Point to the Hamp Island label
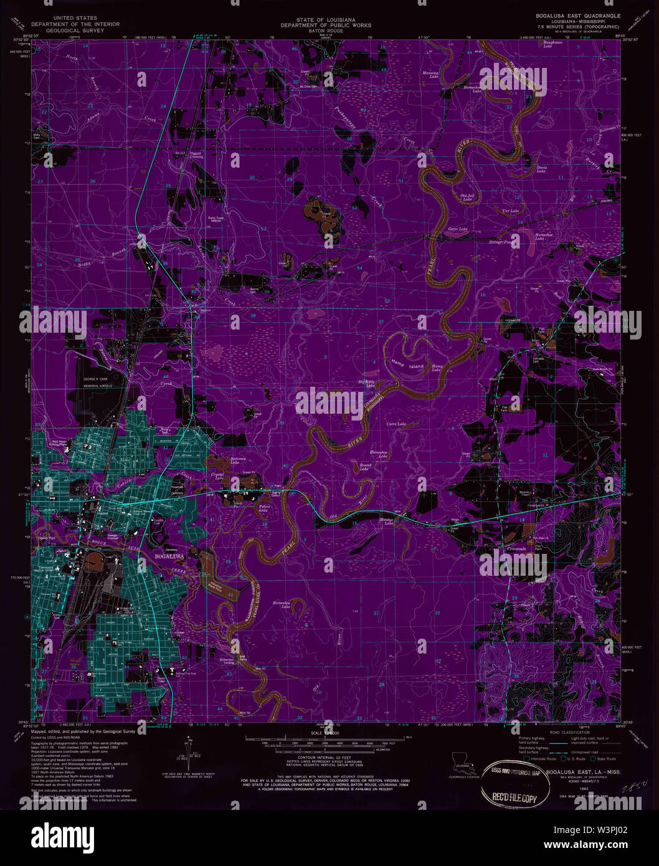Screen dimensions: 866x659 [x=407, y=364]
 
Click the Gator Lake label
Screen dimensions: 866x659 [x=458, y=229]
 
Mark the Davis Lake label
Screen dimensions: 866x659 [x=542, y=168]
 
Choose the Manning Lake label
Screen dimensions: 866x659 [x=430, y=74]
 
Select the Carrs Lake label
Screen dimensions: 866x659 [x=396, y=424]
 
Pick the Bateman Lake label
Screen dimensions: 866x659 [x=235, y=460]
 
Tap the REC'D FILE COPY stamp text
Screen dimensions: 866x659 [x=514, y=797]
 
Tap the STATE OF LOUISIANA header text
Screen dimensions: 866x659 [x=325, y=21]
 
